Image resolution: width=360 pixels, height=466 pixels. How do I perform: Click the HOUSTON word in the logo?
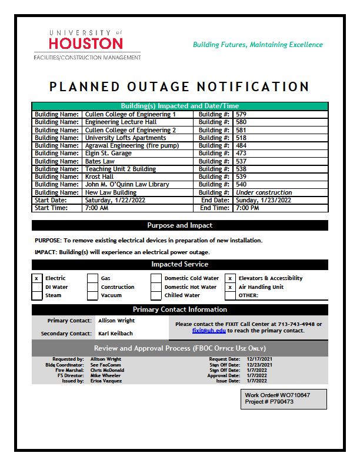86,44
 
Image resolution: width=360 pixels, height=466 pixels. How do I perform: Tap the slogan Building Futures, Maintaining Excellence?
258,45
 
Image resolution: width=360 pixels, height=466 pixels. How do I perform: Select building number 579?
241,114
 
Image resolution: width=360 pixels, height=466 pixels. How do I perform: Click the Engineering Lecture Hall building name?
119,122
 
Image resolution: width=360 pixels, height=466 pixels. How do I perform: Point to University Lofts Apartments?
125,138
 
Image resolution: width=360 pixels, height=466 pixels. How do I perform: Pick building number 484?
241,145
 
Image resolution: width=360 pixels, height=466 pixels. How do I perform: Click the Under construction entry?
264,192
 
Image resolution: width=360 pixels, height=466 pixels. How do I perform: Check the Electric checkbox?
36,278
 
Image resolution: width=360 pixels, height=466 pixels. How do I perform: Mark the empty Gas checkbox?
92,278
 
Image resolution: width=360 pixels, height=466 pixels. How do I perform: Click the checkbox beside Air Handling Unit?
230,287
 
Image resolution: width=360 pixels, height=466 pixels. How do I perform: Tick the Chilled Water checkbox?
156,295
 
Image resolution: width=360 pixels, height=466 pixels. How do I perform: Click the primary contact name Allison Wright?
116,321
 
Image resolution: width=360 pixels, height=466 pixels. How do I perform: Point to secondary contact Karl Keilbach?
116,334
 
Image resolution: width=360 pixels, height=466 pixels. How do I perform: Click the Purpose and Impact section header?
179,225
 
